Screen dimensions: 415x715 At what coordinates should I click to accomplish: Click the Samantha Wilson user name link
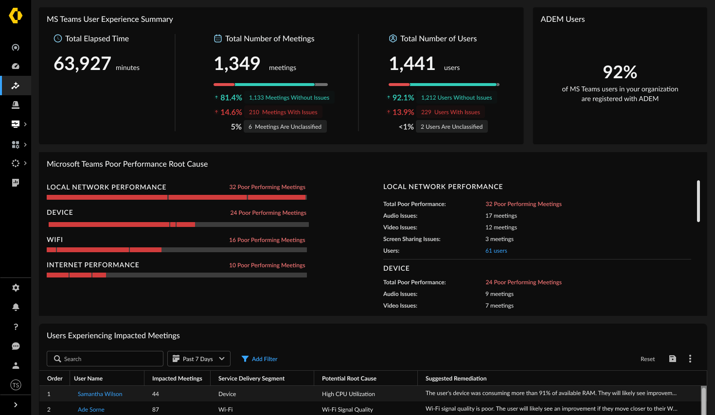(x=100, y=394)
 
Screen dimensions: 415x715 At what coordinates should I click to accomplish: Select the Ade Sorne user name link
(x=91, y=410)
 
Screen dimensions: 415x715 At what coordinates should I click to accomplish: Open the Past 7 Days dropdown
(x=198, y=359)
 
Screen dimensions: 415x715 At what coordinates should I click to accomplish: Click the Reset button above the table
(x=647, y=359)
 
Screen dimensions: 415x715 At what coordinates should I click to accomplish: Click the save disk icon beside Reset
(x=672, y=359)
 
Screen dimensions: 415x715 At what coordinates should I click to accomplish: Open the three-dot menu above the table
(x=690, y=359)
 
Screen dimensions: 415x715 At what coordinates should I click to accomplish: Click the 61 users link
(x=496, y=251)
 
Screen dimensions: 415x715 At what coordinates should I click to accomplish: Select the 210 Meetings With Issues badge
(x=283, y=112)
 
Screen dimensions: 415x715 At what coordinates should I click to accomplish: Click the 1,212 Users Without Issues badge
(x=456, y=98)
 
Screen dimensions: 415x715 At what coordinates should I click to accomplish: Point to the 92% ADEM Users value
(x=620, y=72)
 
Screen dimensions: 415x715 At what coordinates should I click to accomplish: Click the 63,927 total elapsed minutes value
(x=82, y=64)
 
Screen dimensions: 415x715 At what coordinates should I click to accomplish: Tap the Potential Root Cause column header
(x=349, y=379)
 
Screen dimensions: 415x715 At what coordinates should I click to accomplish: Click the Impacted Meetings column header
(x=177, y=379)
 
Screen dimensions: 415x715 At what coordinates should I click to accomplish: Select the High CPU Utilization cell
(x=348, y=394)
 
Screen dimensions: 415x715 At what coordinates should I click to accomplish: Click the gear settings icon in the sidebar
(x=16, y=288)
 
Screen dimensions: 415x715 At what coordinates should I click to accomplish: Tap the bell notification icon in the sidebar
(x=16, y=307)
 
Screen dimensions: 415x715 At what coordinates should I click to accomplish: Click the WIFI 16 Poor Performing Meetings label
(x=267, y=240)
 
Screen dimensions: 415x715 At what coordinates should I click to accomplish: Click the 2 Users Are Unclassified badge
(x=451, y=127)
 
